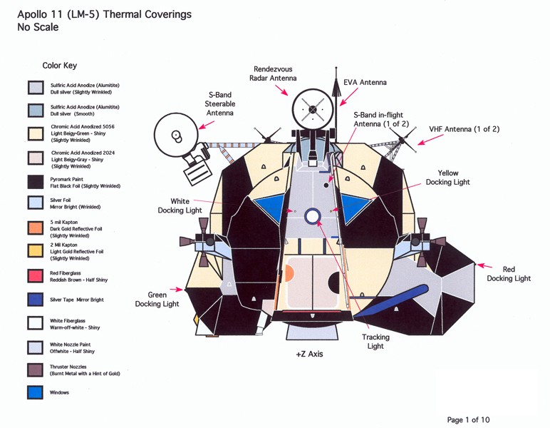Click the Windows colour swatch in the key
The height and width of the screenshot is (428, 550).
(35, 392)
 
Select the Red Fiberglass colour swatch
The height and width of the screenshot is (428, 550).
(35, 275)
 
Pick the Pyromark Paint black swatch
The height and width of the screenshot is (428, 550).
(35, 181)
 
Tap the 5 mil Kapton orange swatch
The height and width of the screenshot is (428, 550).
(35, 228)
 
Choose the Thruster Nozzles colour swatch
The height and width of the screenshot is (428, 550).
(35, 369)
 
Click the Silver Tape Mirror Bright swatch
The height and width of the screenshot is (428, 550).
(35, 299)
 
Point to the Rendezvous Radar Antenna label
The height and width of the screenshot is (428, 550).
(273, 73)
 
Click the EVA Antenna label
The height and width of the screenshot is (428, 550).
(365, 83)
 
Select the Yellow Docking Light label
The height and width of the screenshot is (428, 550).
(447, 178)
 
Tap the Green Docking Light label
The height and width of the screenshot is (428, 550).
(157, 299)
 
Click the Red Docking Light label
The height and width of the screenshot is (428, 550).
(509, 274)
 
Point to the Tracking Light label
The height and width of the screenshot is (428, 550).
(375, 342)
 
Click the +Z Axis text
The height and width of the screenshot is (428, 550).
(309, 354)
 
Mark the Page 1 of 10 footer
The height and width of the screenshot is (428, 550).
(468, 419)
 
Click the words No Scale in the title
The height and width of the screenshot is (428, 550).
(38, 27)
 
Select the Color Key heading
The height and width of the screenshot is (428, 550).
(59, 66)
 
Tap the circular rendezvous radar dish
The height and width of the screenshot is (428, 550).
(313, 109)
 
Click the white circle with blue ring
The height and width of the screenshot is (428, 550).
(313, 216)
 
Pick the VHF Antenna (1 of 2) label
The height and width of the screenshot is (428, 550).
(464, 129)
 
